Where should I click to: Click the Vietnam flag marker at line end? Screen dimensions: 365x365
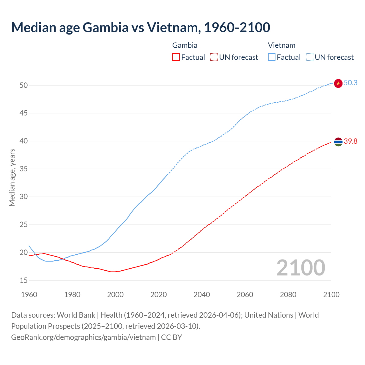point(338,83)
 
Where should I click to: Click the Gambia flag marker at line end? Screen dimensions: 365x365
point(338,141)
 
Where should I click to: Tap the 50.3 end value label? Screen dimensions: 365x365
point(350,83)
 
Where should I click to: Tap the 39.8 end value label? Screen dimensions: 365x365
point(350,141)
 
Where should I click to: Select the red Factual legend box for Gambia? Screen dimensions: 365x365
point(176,57)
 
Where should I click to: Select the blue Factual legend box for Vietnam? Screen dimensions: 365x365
point(272,57)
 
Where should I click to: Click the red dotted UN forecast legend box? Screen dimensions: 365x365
point(214,57)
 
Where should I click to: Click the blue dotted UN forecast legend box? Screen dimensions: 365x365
point(309,57)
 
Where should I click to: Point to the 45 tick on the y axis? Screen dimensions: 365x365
point(24,113)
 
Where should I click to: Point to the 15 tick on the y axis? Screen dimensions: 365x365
point(24,280)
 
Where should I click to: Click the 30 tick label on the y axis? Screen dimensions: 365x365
point(24,197)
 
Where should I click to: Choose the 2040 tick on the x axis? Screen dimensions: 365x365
point(202,295)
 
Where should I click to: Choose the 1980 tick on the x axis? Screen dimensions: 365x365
point(72,295)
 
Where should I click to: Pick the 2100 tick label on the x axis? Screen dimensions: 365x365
point(331,295)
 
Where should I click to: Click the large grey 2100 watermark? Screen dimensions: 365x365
point(301,267)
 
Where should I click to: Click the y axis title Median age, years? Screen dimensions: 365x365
point(12,177)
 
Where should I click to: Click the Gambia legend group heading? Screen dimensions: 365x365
point(185,45)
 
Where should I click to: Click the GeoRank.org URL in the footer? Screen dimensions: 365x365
point(84,337)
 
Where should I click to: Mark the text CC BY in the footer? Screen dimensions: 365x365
point(172,337)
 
